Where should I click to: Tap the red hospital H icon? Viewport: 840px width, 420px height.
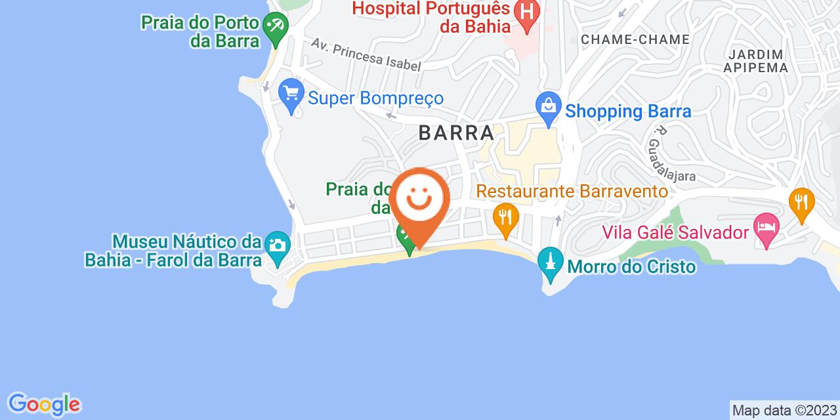pos(526,12)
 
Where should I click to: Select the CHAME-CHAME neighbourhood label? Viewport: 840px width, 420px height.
pos(635,39)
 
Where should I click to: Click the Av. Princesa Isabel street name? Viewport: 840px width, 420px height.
pos(366,56)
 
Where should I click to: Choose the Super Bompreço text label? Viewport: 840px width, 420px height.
pos(376,98)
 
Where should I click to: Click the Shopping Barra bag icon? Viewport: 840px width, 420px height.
pos(547,104)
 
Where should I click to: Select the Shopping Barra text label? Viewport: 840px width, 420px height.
pos(628,111)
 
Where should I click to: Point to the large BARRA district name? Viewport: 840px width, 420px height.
pos(456,133)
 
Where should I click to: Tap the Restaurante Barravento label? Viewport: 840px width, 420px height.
pos(572,192)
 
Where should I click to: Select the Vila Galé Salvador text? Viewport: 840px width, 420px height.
pos(677,233)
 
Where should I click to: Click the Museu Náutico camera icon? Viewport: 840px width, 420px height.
pos(277,245)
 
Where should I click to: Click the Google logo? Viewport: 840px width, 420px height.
pos(44,404)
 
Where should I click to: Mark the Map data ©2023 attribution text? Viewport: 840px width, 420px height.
pos(784,411)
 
